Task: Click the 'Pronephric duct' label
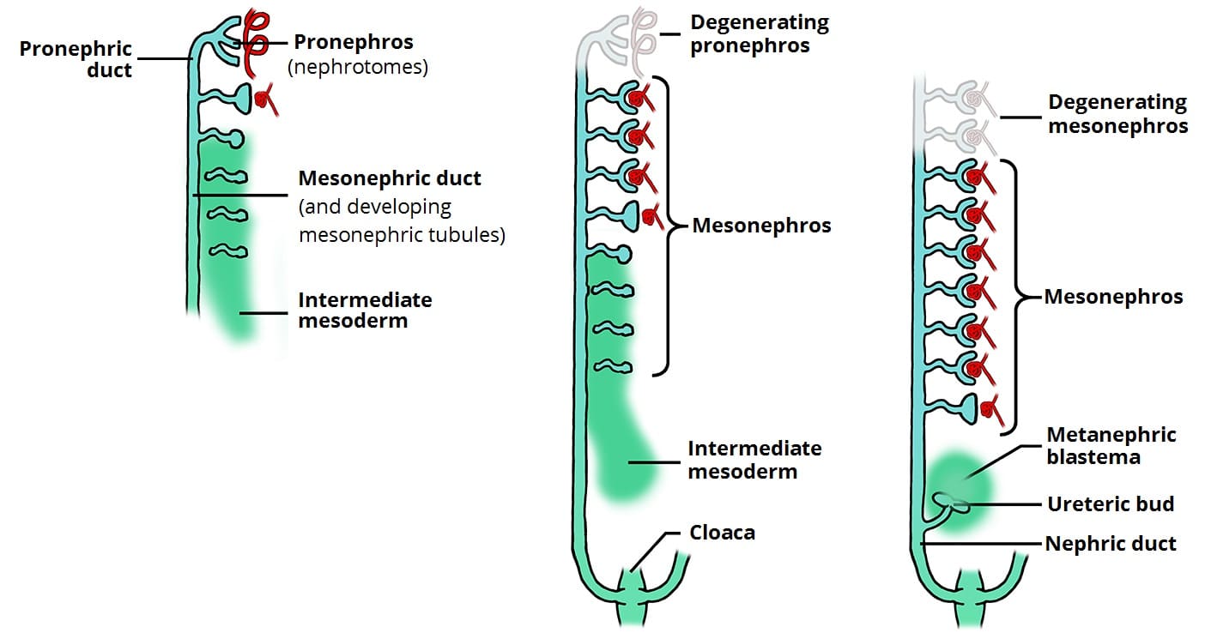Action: [x=76, y=59]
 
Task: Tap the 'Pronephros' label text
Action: [x=354, y=42]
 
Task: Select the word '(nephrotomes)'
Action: [x=358, y=67]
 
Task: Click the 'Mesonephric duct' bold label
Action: [x=390, y=178]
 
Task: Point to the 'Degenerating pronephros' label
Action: [x=749, y=33]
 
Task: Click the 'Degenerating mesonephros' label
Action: [x=1117, y=114]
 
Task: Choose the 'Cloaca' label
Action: [x=722, y=533]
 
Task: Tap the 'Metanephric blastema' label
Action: [x=1111, y=446]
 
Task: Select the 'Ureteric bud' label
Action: [x=1111, y=503]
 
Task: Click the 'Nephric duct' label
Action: [x=1111, y=544]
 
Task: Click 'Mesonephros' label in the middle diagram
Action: [x=761, y=226]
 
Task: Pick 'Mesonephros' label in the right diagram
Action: [x=1113, y=298]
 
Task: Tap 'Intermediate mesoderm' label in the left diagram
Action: [x=365, y=310]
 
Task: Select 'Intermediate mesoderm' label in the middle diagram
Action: [x=754, y=460]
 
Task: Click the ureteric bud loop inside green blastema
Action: [x=950, y=503]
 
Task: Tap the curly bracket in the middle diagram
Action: [x=669, y=226]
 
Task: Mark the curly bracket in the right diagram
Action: [x=1020, y=298]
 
